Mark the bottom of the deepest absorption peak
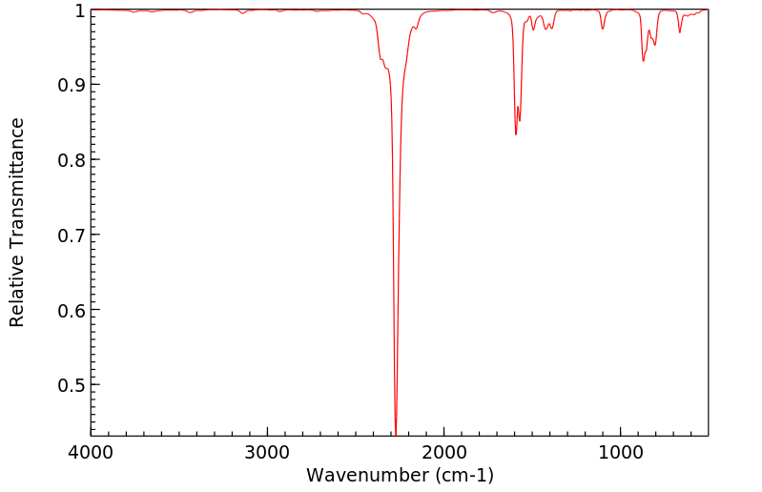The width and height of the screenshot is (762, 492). [x=396, y=433]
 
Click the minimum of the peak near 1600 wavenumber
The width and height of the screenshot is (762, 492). [x=516, y=134]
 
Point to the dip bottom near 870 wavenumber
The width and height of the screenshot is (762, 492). [x=644, y=61]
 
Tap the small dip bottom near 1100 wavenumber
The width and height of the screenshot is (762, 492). [x=603, y=29]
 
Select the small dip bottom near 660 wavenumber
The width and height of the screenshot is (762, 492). [x=680, y=32]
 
